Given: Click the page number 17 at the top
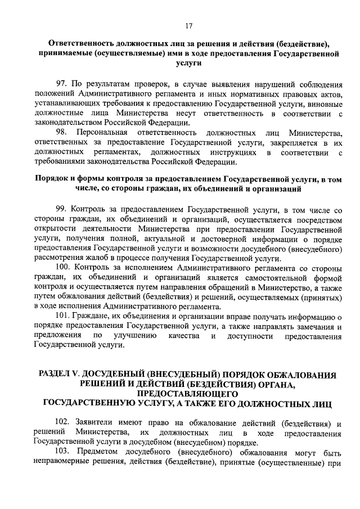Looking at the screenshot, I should click(188, 25).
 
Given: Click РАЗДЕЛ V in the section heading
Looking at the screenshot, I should click(59, 375).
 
